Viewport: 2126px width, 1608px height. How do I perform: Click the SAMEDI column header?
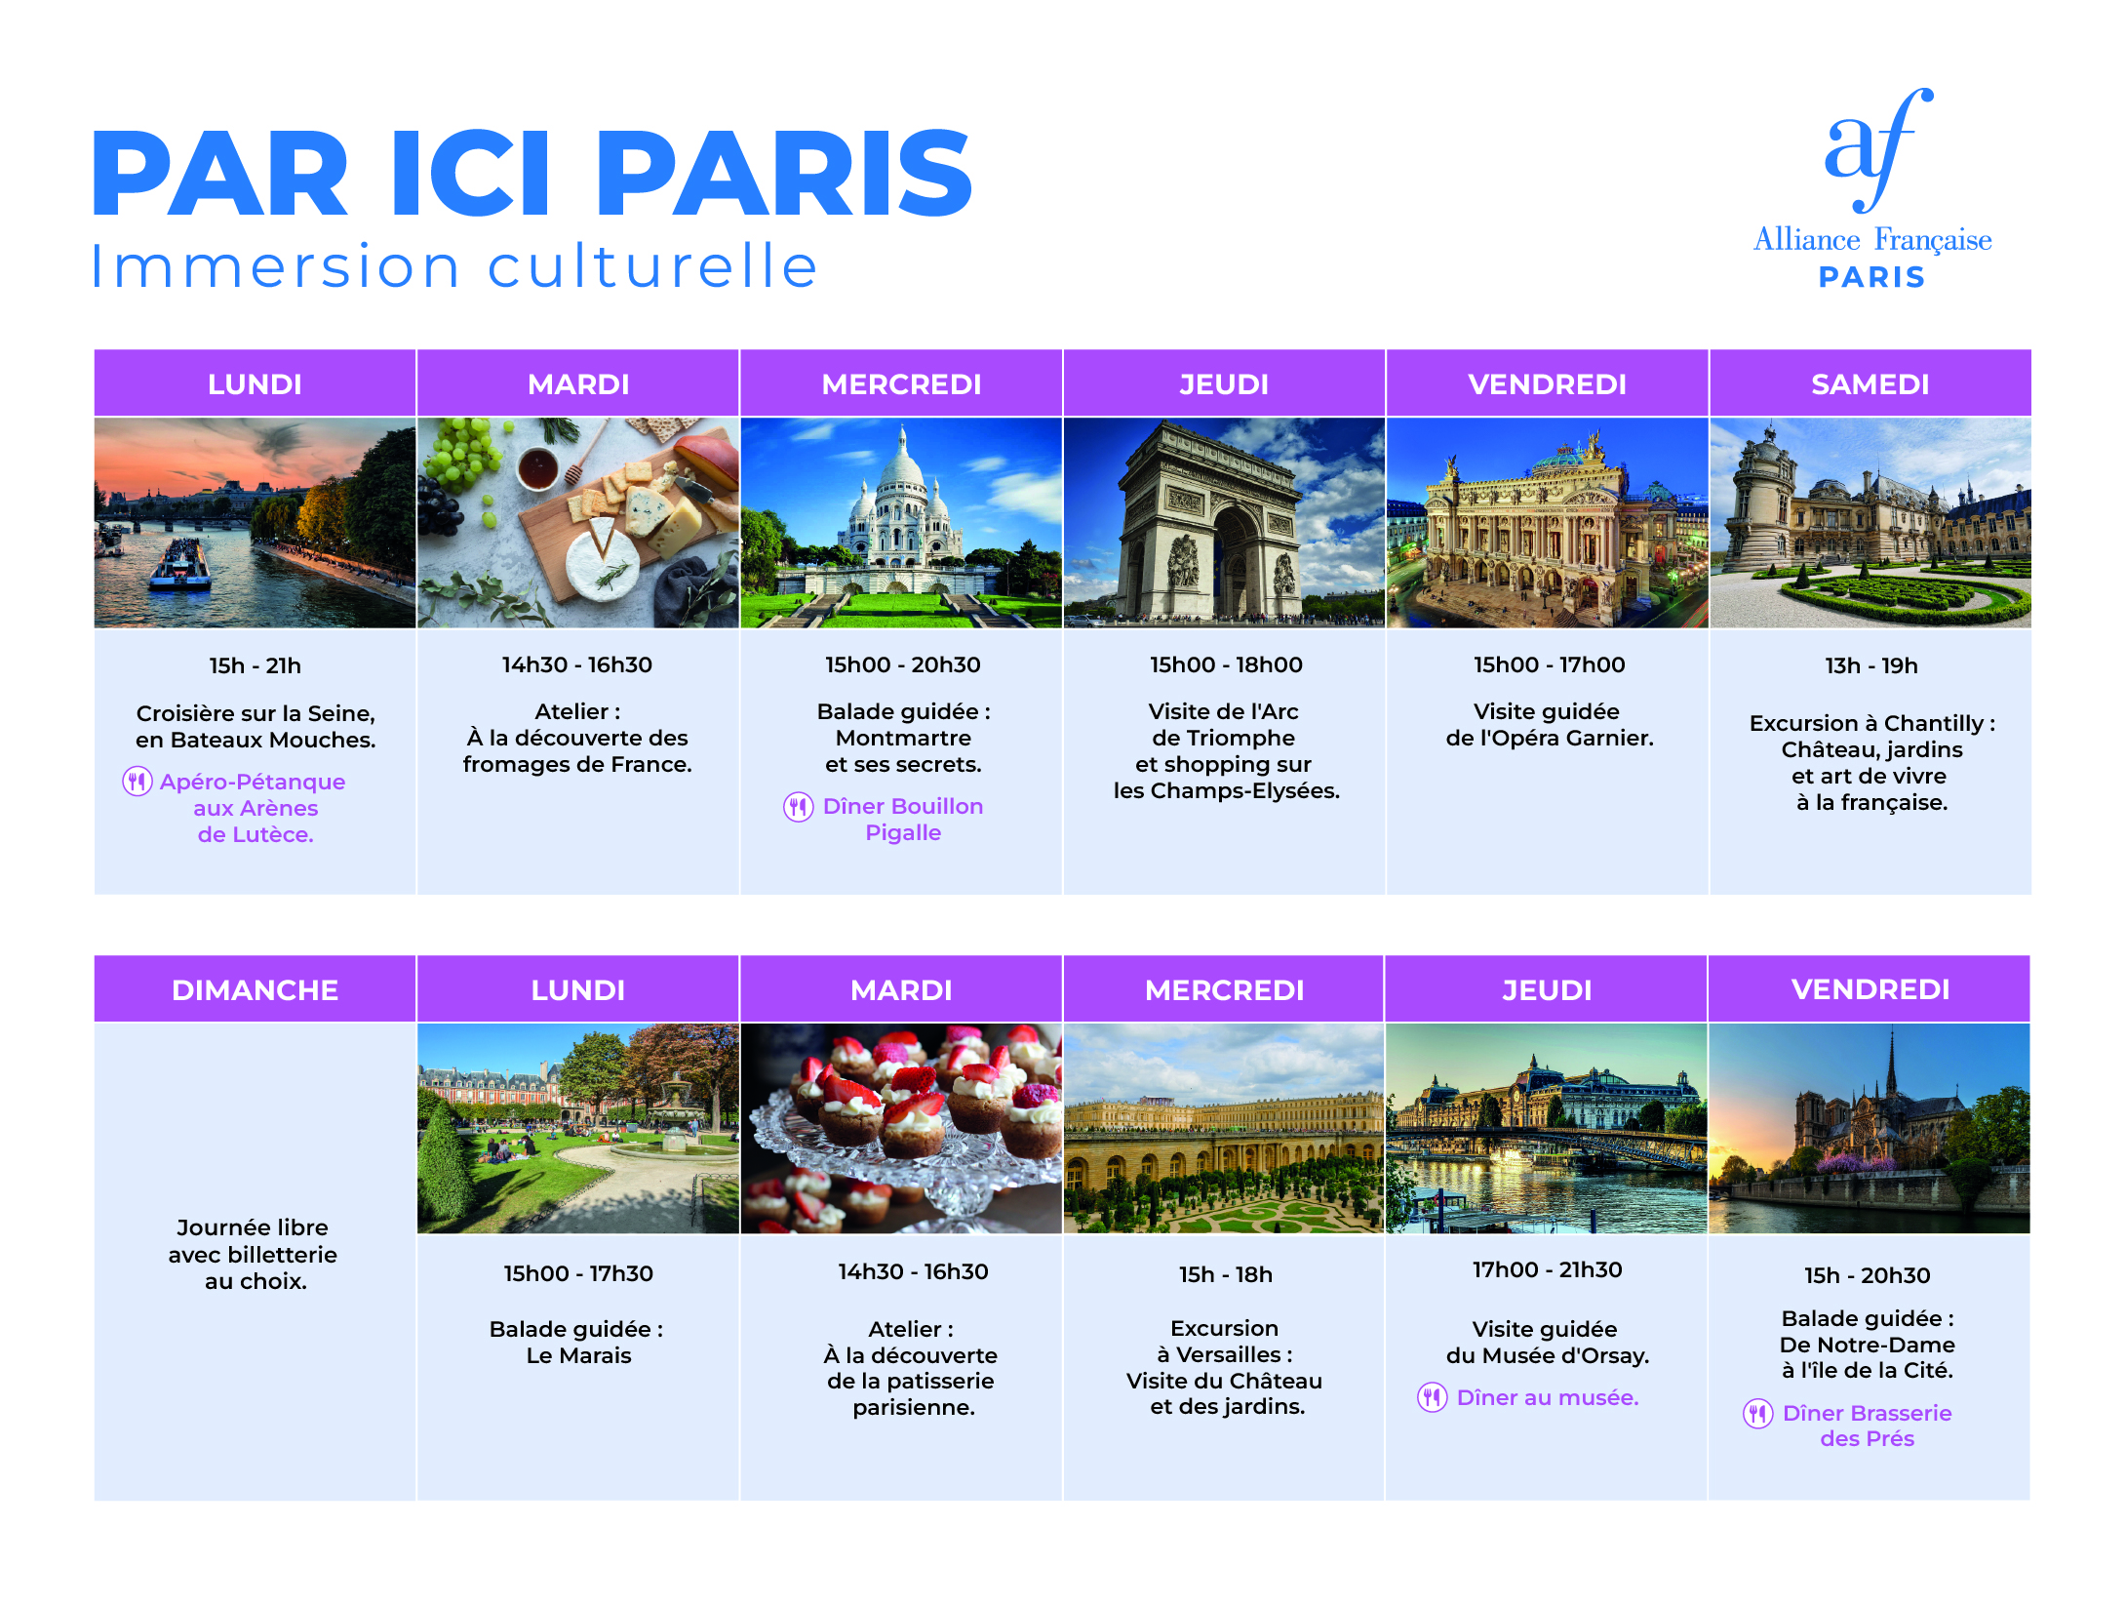point(1870,383)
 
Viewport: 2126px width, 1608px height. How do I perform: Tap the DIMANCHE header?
point(255,989)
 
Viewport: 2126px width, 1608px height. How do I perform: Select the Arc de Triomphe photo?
point(1224,523)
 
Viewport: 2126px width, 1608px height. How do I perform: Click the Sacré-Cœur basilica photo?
point(901,523)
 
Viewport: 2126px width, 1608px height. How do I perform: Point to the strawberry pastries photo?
point(901,1129)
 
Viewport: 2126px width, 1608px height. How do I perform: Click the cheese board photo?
point(578,523)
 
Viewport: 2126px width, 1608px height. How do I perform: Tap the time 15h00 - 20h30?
point(903,664)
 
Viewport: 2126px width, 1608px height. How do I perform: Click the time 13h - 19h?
point(1870,665)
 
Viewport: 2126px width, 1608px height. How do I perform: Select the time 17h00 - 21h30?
point(1548,1269)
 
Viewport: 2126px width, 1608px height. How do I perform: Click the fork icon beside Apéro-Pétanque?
point(138,782)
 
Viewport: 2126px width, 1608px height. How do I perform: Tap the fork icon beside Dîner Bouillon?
point(799,807)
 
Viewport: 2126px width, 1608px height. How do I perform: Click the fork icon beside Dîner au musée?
point(1433,1397)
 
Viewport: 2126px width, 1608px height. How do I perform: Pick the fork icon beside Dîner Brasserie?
point(1758,1413)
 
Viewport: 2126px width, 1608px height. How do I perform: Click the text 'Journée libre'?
point(253,1227)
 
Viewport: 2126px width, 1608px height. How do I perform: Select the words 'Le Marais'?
point(578,1355)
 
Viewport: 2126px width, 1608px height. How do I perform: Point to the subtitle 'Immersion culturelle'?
point(454,265)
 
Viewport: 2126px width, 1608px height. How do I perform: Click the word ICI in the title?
point(472,174)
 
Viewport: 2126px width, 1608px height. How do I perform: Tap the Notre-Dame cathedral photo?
point(1870,1129)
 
